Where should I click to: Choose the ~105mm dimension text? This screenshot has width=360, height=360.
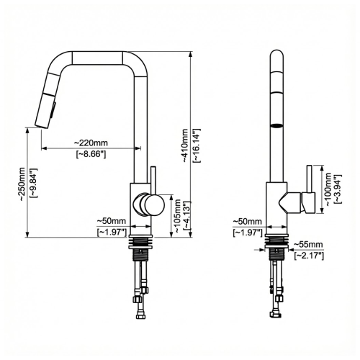(178, 214)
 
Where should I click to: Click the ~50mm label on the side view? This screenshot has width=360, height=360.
(112, 221)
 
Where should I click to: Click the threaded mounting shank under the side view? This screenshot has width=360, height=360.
(142, 248)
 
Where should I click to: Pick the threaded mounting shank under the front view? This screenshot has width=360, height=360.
(278, 248)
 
